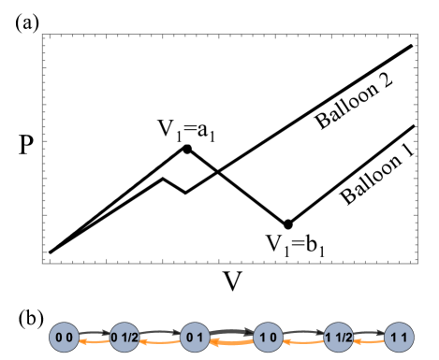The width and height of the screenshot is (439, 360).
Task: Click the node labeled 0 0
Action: (64, 337)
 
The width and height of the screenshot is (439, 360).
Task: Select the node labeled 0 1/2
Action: (125, 337)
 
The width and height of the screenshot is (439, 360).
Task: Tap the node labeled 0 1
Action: (195, 337)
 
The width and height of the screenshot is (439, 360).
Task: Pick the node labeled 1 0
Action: (268, 337)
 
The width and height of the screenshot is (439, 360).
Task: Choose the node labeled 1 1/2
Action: (337, 337)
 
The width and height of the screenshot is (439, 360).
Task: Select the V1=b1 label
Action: (293, 246)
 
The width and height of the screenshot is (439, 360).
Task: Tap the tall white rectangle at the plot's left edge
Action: (58, 89)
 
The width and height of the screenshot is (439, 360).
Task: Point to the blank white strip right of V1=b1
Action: (370, 248)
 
